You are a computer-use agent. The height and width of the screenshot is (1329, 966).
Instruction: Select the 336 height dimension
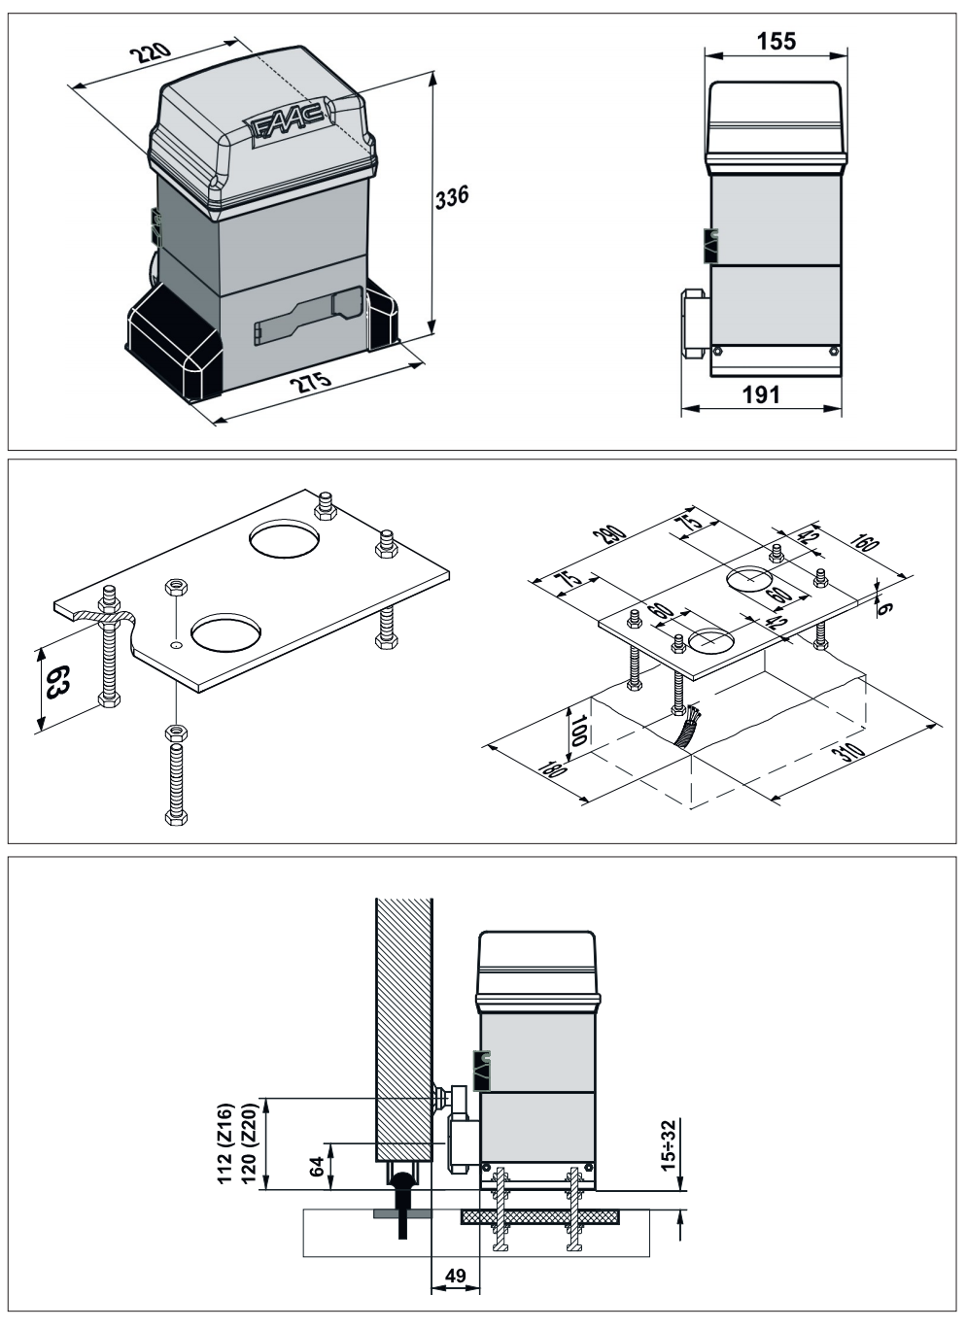(452, 197)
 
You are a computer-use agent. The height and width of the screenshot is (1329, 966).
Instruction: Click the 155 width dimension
(776, 42)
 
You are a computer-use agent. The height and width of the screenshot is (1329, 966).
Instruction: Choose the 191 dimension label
(761, 394)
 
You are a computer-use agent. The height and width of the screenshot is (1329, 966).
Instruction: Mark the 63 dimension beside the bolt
(58, 682)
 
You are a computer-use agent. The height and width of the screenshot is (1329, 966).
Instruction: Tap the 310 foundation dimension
(847, 752)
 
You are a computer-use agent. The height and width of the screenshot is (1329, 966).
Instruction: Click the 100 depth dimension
(578, 730)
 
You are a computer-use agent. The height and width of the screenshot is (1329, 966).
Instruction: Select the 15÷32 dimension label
(669, 1145)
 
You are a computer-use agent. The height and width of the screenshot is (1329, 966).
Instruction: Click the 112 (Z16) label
(225, 1142)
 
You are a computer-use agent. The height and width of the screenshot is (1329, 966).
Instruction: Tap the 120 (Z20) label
(249, 1142)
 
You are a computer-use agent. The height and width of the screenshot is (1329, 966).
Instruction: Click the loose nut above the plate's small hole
(176, 587)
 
